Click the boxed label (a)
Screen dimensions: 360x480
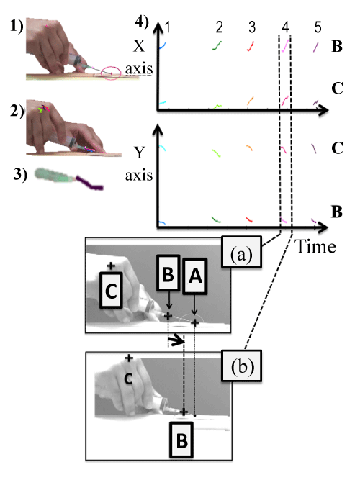pyautogui.click(x=241, y=252)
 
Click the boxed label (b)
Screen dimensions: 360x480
pyautogui.click(x=241, y=366)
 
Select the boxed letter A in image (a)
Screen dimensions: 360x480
pyautogui.click(x=195, y=276)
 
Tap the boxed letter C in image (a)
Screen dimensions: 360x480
pyautogui.click(x=111, y=290)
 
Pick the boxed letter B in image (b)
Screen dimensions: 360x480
pyautogui.click(x=181, y=440)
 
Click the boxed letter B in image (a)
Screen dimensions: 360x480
pyautogui.click(x=168, y=273)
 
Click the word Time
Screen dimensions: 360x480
pyautogui.click(x=315, y=247)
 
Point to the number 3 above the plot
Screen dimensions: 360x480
pyautogui.click(x=252, y=27)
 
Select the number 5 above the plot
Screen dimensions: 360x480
pyautogui.click(x=318, y=27)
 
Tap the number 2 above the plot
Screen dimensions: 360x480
pyautogui.click(x=219, y=27)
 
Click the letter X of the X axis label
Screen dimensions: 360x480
pyautogui.click(x=139, y=46)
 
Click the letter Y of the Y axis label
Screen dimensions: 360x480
pyautogui.click(x=140, y=152)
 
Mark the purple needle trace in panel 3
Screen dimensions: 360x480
pyautogui.click(x=89, y=183)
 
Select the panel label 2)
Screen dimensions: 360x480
pyautogui.click(x=17, y=111)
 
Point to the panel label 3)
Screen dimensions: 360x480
pyautogui.click(x=20, y=174)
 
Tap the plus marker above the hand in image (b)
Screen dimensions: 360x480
pyautogui.click(x=129, y=358)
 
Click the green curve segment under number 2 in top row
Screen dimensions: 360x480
pyautogui.click(x=217, y=45)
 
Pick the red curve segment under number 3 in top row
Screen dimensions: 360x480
pyautogui.click(x=251, y=46)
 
